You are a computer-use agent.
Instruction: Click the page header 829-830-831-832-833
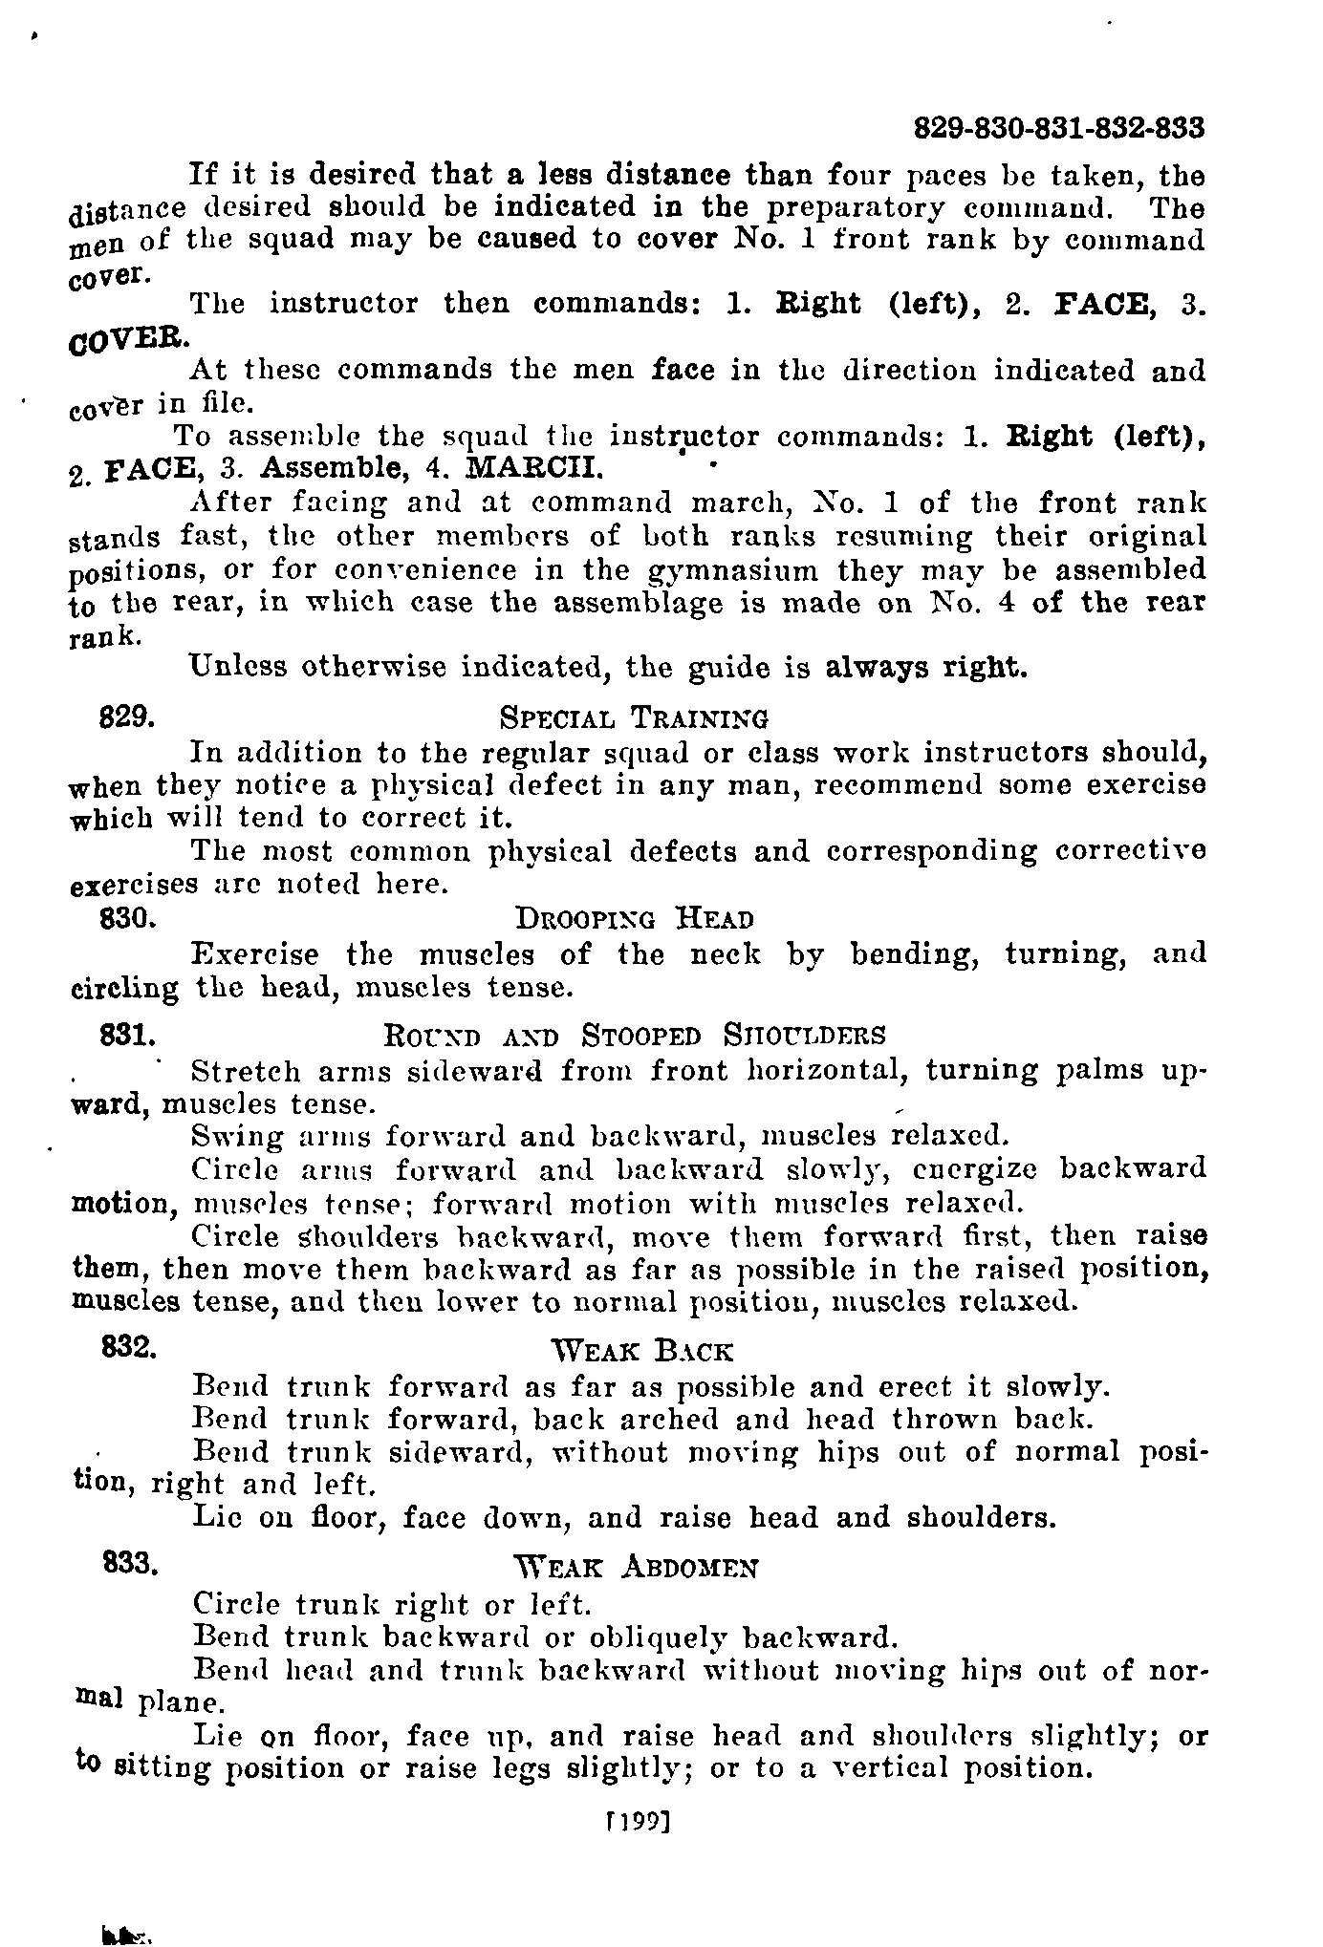[1058, 128]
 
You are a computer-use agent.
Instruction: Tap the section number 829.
[128, 716]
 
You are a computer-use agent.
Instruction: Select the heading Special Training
[634, 717]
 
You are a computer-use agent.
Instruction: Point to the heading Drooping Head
[634, 920]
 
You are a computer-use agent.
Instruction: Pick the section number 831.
[128, 1035]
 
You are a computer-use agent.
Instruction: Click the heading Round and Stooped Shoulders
[634, 1037]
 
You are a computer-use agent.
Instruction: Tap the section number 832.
[128, 1348]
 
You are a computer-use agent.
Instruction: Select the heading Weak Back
[642, 1352]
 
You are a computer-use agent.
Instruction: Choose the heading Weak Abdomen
[635, 1569]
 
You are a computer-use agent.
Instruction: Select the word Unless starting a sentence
[238, 667]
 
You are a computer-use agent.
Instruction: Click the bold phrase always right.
[926, 668]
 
